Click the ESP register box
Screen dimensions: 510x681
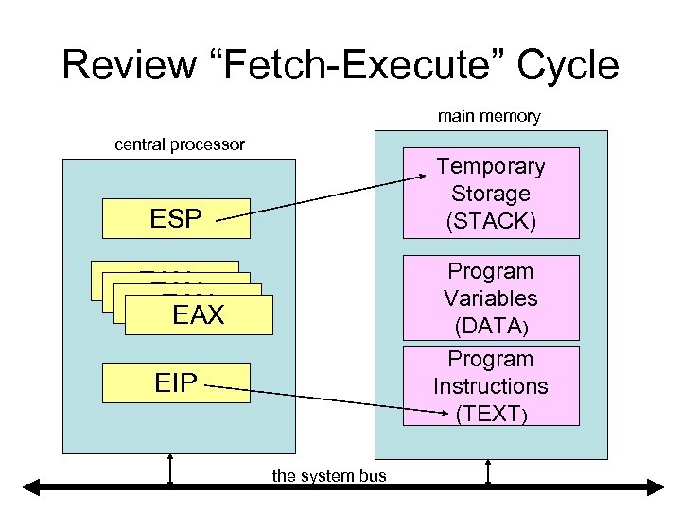point(177,219)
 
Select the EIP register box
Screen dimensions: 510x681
point(177,382)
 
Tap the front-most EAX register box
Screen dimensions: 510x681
point(199,314)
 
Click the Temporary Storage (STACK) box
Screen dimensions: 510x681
point(490,194)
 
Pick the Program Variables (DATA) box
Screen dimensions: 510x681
point(490,298)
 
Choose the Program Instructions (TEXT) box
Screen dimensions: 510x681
point(490,385)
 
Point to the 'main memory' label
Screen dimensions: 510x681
point(489,117)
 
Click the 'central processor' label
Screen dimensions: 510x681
point(180,144)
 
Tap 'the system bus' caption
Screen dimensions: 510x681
point(329,476)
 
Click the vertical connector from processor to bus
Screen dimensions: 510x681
point(170,470)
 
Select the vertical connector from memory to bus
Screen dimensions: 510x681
point(488,470)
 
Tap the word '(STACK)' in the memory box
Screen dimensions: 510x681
point(490,221)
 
